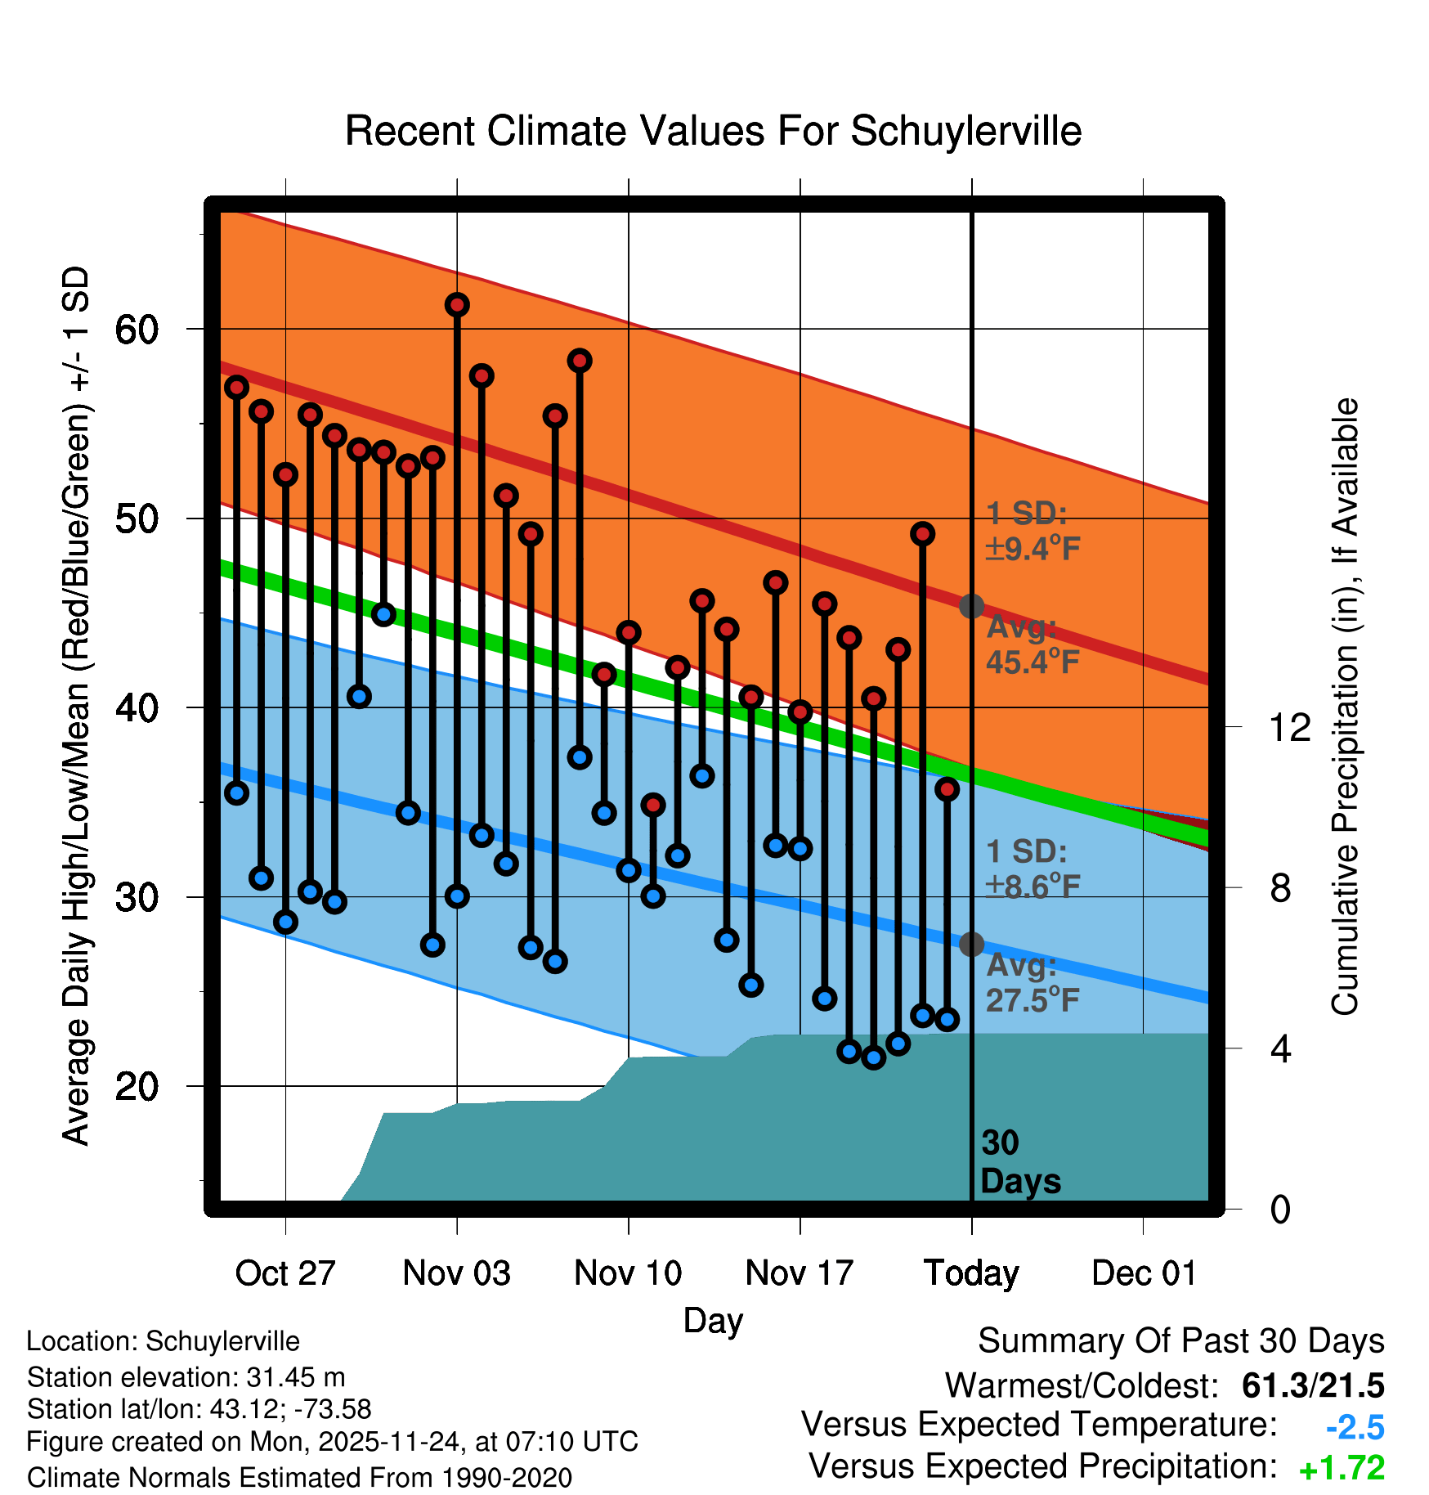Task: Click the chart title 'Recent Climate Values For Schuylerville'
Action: coord(713,131)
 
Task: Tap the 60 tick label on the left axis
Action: coord(137,330)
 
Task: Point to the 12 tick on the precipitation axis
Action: coord(1289,727)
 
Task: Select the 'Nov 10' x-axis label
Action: coord(628,1273)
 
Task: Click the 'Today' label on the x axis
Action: coord(971,1273)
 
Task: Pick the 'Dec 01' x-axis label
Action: coord(1144,1273)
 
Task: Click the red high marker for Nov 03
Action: coord(457,305)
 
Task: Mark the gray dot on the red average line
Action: coord(971,606)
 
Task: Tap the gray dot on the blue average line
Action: coord(971,944)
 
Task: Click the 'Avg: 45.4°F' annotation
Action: coord(1032,644)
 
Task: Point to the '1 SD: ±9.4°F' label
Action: coord(1032,531)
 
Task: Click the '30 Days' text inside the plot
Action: coord(1019,1162)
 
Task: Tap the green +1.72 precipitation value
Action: coord(1342,1468)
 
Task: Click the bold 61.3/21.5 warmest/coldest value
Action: coord(1312,1385)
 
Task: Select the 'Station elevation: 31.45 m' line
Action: coord(186,1377)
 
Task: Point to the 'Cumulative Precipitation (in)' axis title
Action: coord(1344,707)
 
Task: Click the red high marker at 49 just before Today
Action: coord(922,534)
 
